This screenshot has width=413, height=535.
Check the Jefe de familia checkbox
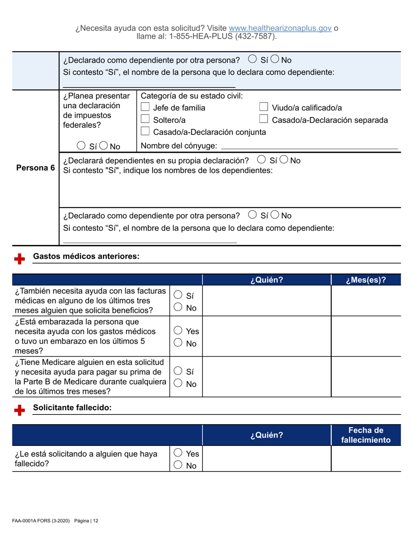147,108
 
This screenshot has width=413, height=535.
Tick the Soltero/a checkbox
147,120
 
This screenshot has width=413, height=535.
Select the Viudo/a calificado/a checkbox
263,108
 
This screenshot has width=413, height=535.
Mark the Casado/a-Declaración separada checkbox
263,120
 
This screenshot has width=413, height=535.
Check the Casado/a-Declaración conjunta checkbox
147,132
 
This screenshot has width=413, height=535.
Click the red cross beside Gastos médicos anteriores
19,259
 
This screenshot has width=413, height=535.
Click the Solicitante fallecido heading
73,408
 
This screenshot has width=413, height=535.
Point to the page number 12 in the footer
95,521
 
